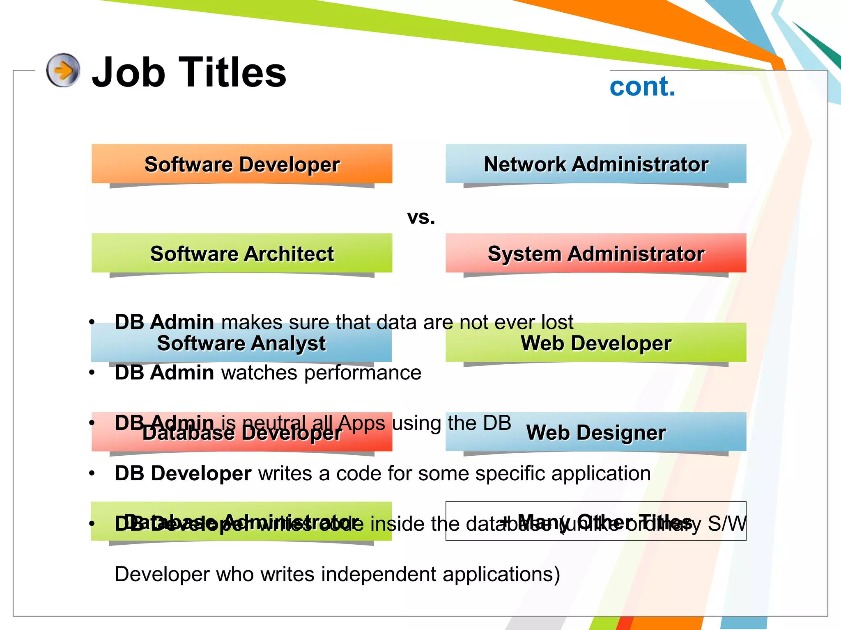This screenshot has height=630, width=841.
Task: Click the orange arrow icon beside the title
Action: [x=63, y=70]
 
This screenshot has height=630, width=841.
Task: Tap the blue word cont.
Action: [x=642, y=87]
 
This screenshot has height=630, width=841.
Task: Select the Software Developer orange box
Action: [x=242, y=164]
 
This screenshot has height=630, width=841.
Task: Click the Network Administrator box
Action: [x=596, y=164]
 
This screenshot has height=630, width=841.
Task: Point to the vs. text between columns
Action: [x=421, y=217]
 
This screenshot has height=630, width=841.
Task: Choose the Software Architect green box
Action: [x=242, y=253]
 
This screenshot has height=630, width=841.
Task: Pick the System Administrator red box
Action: [x=596, y=253]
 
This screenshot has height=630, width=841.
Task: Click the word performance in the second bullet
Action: [x=363, y=373]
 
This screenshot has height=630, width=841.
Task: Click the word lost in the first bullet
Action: [x=557, y=322]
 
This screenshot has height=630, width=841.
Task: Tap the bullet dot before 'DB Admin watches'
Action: [x=92, y=373]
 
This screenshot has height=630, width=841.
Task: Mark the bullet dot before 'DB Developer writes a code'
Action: [x=92, y=474]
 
